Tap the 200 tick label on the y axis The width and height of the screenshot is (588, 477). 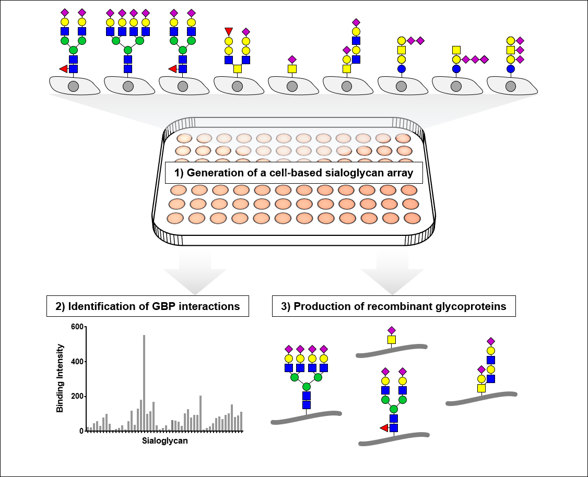click(77, 397)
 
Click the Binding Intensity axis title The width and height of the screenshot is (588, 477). click(60, 378)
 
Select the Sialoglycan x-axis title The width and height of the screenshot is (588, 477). click(165, 441)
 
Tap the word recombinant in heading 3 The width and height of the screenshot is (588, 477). click(379, 306)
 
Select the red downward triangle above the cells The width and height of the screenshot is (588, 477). click(229, 32)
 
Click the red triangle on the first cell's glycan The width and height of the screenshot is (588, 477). click(63, 68)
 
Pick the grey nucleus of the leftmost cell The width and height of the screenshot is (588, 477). click(73, 86)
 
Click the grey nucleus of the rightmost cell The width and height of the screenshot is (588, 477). click(511, 86)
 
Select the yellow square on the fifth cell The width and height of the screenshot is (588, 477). click(292, 68)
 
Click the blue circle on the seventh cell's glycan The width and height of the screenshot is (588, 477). click(401, 68)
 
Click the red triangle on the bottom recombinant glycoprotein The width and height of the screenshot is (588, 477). click(384, 428)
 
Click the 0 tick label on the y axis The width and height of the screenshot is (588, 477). click(81, 431)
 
